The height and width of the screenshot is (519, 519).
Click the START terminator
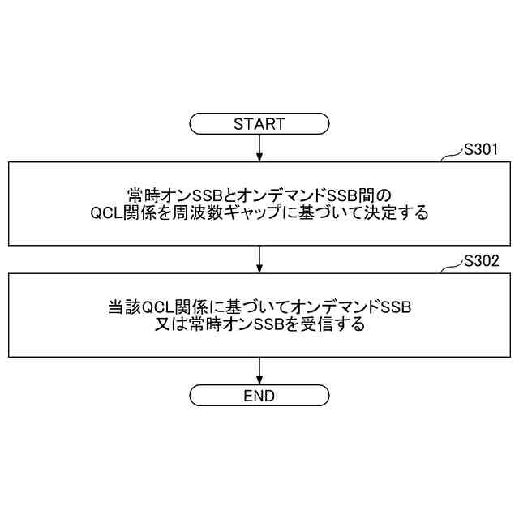pos(259,124)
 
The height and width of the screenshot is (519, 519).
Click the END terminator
pos(259,396)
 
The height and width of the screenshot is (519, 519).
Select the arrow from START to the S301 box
pos(259,148)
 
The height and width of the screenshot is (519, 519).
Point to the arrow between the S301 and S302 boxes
pos(259,259)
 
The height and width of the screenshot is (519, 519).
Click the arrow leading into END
pos(259,370)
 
